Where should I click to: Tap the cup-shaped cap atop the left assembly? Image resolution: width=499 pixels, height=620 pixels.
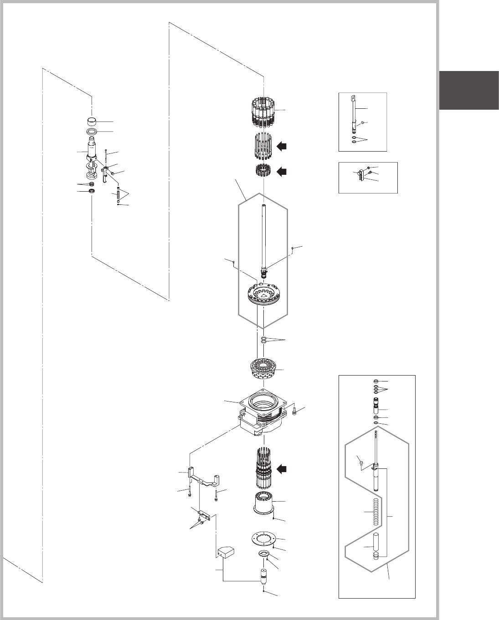(x=94, y=122)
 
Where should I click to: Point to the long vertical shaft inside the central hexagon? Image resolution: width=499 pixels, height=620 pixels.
(x=263, y=237)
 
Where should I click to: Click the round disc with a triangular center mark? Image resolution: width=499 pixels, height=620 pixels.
(x=263, y=293)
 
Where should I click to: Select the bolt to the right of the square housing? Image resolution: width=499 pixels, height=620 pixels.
(x=294, y=412)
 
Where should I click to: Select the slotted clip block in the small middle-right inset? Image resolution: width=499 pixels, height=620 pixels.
(x=362, y=174)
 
